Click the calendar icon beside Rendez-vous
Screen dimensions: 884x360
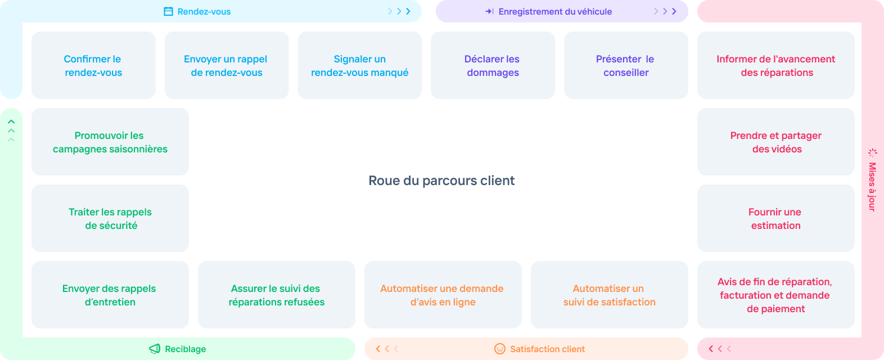tap(168, 11)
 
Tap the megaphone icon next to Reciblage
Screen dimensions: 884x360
tap(155, 349)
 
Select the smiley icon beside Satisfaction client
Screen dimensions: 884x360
tap(499, 349)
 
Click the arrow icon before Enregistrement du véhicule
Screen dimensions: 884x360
tap(489, 11)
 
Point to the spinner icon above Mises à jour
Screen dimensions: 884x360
tap(873, 153)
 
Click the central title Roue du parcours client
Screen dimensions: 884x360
tap(441, 181)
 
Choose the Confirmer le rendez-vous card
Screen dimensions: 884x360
tap(93, 65)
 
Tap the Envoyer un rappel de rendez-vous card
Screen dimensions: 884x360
tap(227, 65)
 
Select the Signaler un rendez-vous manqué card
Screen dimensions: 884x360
tap(360, 65)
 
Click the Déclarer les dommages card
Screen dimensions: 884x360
tap(493, 65)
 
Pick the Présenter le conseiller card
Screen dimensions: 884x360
tap(626, 65)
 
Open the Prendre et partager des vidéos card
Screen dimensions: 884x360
tap(776, 142)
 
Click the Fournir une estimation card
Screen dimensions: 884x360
tap(776, 218)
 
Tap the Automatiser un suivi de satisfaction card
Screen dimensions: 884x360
tap(610, 295)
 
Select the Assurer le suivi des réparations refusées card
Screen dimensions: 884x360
tap(277, 295)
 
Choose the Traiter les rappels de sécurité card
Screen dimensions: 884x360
tap(110, 218)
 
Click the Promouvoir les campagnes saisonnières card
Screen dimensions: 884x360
tap(110, 142)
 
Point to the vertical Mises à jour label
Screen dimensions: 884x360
tap(872, 187)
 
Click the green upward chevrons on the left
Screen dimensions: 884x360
tap(11, 130)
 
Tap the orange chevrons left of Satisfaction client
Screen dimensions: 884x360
tap(387, 349)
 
